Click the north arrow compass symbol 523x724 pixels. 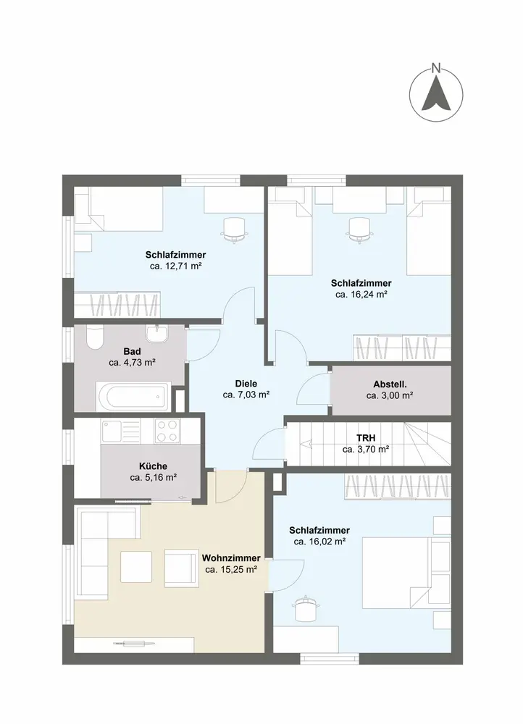click(435, 95)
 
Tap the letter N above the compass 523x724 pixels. click(435, 68)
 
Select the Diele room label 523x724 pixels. click(246, 384)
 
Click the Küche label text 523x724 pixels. click(153, 466)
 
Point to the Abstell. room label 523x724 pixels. click(390, 384)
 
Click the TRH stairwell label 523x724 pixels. click(366, 438)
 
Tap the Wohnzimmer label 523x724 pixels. click(231, 558)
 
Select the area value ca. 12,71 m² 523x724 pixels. click(175, 266)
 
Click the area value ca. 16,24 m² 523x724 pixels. click(361, 295)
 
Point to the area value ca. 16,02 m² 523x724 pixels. click(319, 542)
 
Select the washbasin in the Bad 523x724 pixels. click(157, 333)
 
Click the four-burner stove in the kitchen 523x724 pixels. click(167, 431)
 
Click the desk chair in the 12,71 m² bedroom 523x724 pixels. click(234, 230)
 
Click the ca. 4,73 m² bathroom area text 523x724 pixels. click(132, 363)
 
